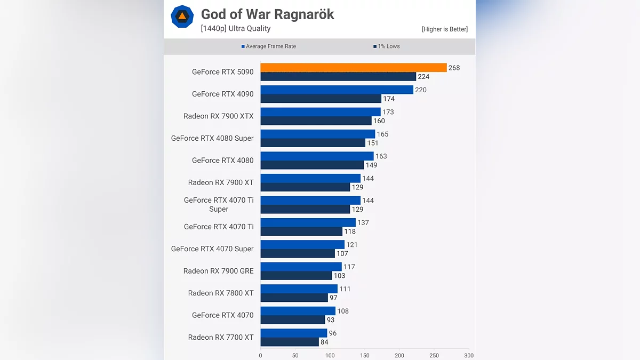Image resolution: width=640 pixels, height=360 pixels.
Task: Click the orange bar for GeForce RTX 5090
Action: click(x=353, y=68)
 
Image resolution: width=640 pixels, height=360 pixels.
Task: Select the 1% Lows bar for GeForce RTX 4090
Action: click(x=321, y=99)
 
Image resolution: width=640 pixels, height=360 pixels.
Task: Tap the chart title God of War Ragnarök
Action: click(x=267, y=14)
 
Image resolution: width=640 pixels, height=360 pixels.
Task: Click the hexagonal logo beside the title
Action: click(x=182, y=17)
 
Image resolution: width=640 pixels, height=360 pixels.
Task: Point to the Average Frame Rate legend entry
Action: click(x=268, y=46)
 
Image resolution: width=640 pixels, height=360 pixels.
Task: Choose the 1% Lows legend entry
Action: click(x=386, y=46)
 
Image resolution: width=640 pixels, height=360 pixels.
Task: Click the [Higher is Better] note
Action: click(x=444, y=29)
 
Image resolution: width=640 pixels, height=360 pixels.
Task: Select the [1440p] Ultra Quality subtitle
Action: click(x=236, y=29)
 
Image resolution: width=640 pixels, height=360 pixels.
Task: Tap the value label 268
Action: click(x=454, y=68)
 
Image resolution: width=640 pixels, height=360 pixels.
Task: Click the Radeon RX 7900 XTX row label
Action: click(x=219, y=116)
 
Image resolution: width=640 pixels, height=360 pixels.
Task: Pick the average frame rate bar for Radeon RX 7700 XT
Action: click(x=293, y=333)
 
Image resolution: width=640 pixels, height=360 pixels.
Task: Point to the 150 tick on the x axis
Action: click(x=364, y=355)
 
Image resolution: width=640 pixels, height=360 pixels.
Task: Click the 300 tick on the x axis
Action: click(x=468, y=355)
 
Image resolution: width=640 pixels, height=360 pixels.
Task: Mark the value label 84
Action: click(x=324, y=342)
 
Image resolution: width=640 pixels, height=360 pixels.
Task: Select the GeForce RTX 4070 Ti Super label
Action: click(x=219, y=205)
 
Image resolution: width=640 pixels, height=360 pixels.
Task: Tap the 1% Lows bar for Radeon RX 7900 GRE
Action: click(x=296, y=276)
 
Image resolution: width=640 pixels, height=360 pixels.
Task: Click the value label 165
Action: click(x=382, y=134)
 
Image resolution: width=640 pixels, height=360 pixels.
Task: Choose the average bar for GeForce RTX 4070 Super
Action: click(x=302, y=245)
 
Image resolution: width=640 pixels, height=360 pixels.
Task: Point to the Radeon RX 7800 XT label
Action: click(x=221, y=293)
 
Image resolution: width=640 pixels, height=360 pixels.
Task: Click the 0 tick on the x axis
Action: click(x=260, y=355)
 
